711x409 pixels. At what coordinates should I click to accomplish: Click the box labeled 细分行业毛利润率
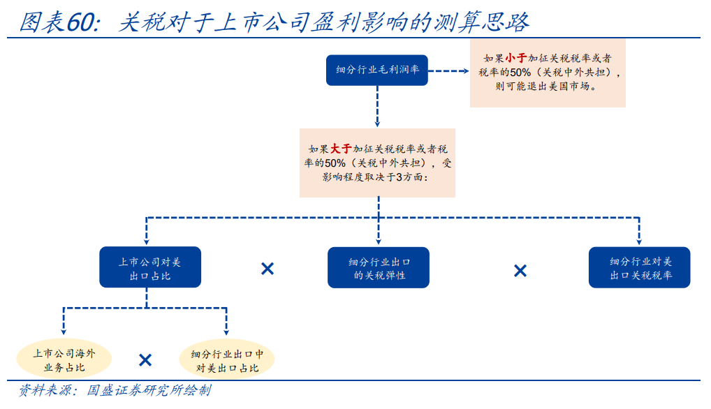[x=377, y=70]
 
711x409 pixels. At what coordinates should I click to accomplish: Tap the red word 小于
[x=516, y=58]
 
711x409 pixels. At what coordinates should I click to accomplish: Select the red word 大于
[x=341, y=149]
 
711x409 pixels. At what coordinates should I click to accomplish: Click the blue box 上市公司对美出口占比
[x=150, y=267]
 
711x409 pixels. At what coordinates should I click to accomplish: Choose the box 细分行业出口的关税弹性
[x=378, y=267]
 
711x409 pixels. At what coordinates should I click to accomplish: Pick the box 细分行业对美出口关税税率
[x=639, y=267]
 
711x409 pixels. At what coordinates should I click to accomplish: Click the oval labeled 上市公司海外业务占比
[x=64, y=359]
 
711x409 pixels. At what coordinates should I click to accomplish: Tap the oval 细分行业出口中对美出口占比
[x=227, y=360]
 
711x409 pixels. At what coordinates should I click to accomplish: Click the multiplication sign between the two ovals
[x=145, y=360]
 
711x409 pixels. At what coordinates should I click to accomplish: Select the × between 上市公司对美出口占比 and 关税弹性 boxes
[x=267, y=269]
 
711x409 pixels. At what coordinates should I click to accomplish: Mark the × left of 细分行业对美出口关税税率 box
[x=520, y=271]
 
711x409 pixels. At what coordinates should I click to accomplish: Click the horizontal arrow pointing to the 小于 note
[x=448, y=70]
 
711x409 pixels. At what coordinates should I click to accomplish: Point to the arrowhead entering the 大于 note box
[x=377, y=124]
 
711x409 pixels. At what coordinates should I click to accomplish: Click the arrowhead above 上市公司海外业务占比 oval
[x=64, y=332]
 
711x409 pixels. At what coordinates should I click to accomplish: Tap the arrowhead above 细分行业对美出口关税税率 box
[x=639, y=241]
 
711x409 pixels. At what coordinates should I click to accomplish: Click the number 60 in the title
[x=81, y=22]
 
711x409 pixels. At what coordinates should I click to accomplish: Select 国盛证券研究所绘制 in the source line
[x=149, y=390]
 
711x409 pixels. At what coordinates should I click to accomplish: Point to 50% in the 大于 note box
[x=335, y=163]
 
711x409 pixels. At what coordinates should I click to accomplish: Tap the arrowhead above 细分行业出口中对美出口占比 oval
[x=226, y=332]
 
